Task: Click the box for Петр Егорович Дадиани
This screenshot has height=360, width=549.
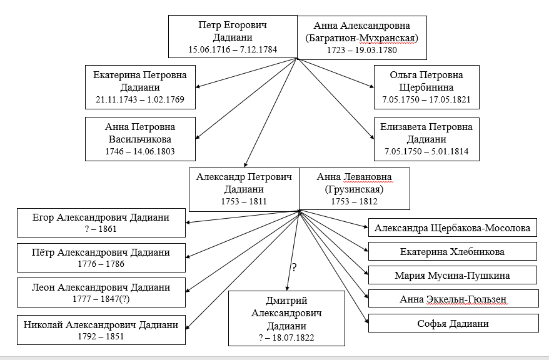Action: (233, 36)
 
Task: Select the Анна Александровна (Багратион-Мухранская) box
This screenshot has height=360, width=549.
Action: (362, 37)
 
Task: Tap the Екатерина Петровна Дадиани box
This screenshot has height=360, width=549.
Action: (141, 87)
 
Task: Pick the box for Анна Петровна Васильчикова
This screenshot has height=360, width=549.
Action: (141, 139)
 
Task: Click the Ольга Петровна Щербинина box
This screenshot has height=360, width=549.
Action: (426, 87)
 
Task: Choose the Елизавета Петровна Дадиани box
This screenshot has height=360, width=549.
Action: (426, 139)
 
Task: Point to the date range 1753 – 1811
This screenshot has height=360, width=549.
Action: (244, 201)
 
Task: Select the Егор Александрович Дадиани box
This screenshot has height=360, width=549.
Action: (101, 223)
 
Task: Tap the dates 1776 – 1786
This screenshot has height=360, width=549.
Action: (101, 264)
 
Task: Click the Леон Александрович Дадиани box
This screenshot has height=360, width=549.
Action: (101, 292)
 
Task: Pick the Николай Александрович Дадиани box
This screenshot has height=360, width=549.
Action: (101, 330)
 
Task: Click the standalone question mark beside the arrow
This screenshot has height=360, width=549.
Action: (294, 267)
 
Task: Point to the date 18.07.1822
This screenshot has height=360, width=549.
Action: (293, 338)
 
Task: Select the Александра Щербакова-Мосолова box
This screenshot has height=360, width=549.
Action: (452, 227)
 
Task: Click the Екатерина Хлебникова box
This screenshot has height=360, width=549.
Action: (452, 251)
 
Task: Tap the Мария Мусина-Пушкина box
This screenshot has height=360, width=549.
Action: (452, 275)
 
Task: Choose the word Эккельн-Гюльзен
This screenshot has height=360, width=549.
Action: (466, 299)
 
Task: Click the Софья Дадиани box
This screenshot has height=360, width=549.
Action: (453, 323)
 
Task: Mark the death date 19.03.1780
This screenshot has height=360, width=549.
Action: (376, 51)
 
